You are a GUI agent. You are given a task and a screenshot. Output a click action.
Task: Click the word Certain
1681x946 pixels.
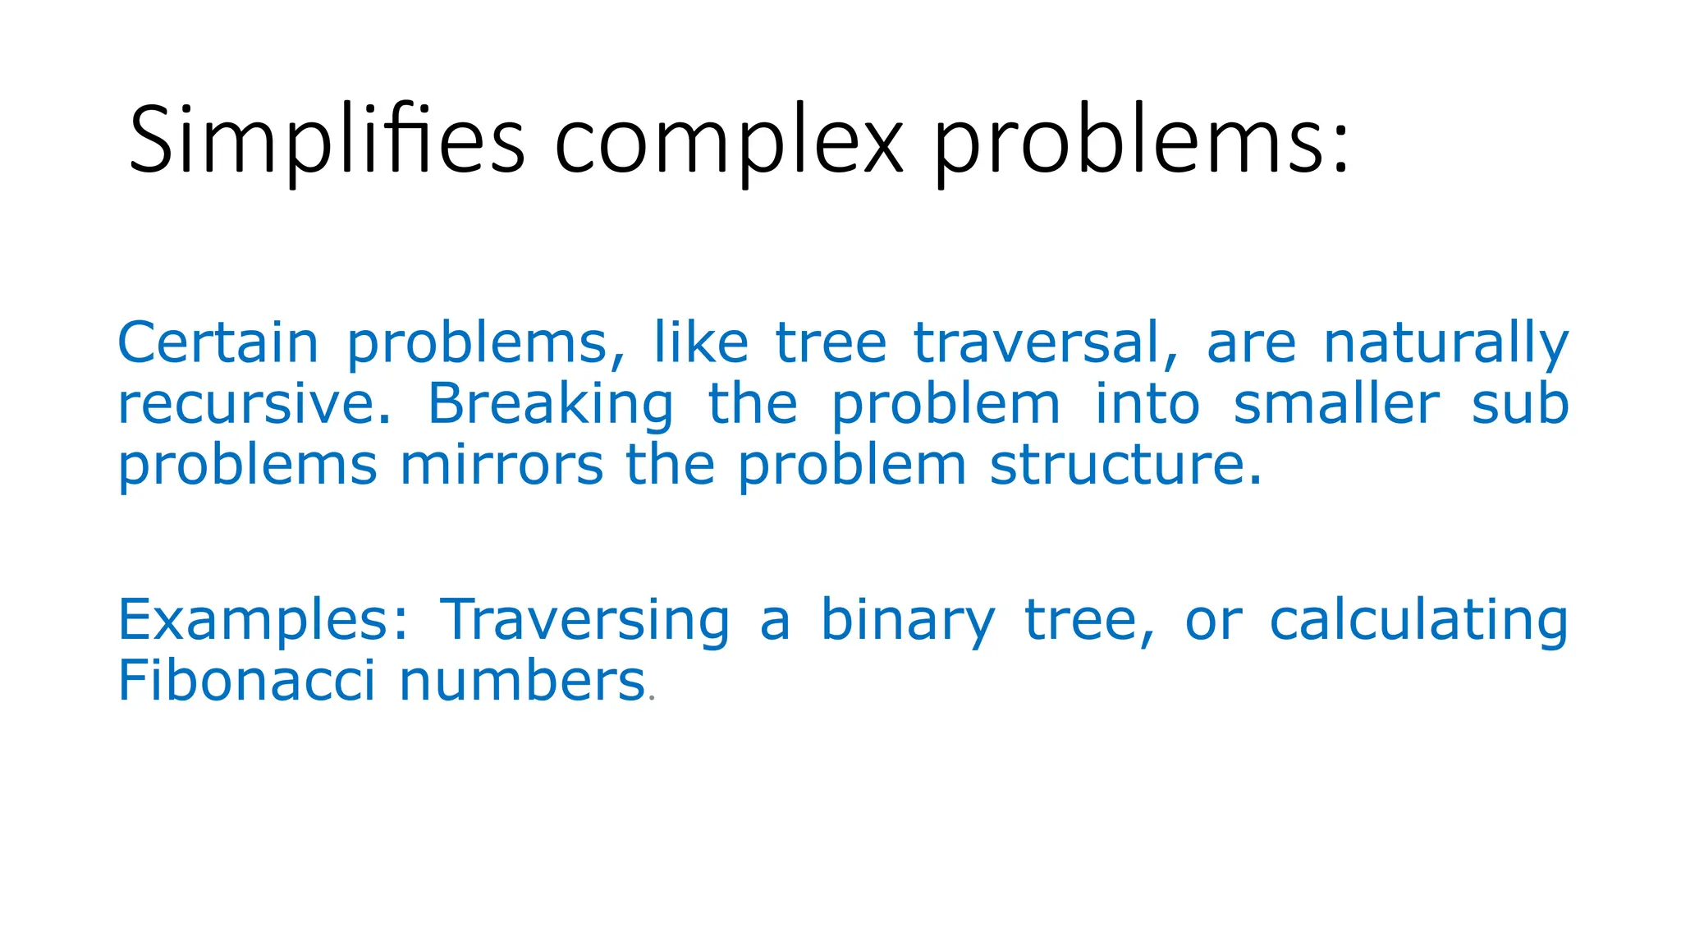point(218,343)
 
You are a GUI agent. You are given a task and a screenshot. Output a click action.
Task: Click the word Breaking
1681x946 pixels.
point(551,405)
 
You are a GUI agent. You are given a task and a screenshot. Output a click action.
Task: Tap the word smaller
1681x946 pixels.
point(1335,405)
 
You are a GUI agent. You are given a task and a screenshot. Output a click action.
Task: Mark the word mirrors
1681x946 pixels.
point(502,466)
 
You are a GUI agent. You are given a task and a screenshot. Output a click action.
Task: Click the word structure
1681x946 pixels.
point(1124,466)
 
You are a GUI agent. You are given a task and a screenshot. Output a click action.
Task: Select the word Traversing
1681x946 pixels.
point(584,621)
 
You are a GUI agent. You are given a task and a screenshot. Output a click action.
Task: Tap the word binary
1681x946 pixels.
point(907,621)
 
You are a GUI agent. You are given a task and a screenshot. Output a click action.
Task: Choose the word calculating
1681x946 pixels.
point(1418,621)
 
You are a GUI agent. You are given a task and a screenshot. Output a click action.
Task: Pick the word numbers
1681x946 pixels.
point(522,682)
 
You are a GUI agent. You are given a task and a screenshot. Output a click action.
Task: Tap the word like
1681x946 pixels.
point(700,343)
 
